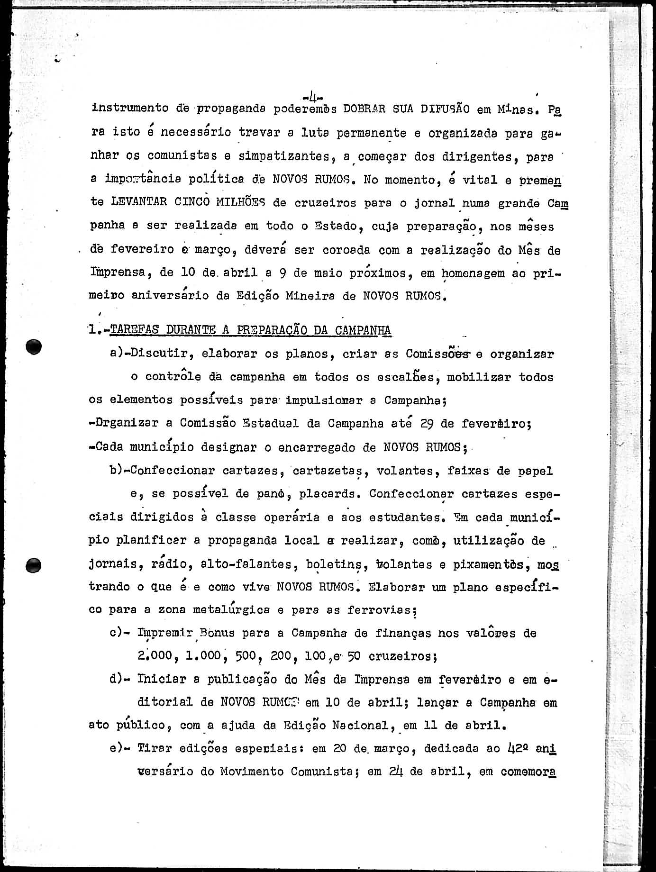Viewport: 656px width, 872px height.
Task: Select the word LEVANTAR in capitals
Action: tap(139, 201)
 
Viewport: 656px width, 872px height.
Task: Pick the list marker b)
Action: tap(117, 471)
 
